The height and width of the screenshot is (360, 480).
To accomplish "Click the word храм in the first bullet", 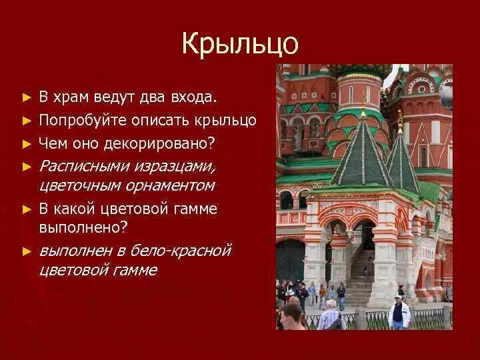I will pos(69,98).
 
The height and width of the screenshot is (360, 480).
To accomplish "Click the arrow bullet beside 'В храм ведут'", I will pos(27,98).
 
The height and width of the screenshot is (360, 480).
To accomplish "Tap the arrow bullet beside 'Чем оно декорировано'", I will pos(27,143).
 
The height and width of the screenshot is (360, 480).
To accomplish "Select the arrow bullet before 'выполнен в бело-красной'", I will pos(27,251).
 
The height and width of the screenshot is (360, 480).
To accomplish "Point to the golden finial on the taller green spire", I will pos(363,106).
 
